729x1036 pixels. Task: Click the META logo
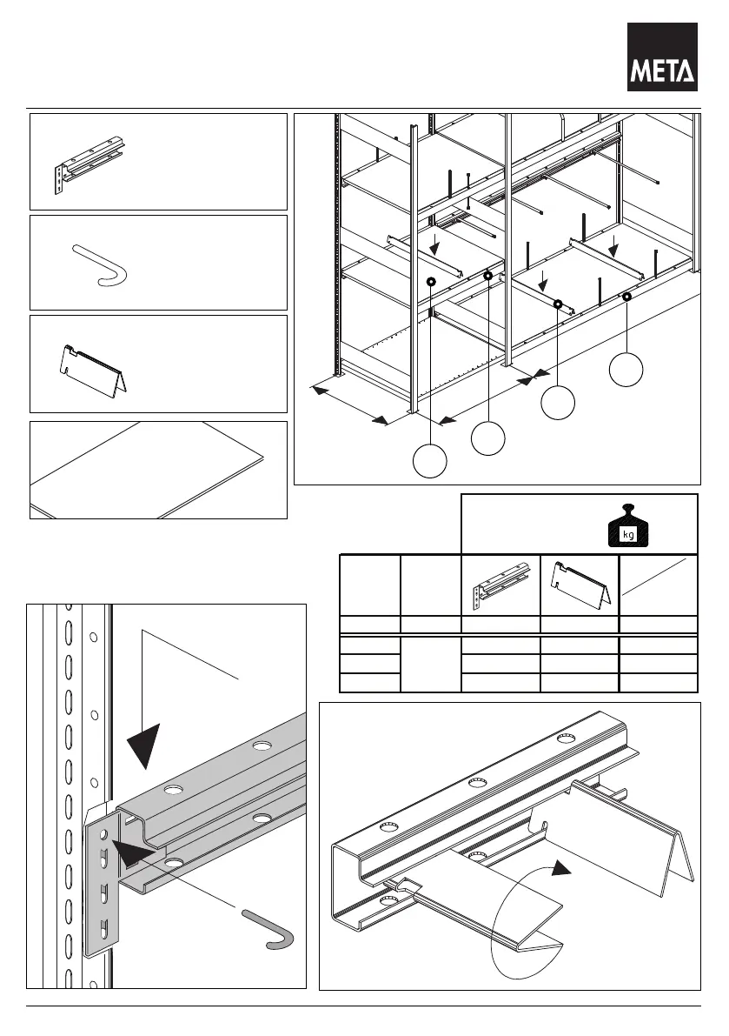663,57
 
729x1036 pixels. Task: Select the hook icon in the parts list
101,263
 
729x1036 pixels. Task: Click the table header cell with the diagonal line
658,584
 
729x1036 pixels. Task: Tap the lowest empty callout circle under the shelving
430,460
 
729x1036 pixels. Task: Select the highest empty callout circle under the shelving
626,370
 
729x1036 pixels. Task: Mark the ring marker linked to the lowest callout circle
431,282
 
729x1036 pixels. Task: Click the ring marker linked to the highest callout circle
626,297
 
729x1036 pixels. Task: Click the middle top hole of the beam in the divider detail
476,783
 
